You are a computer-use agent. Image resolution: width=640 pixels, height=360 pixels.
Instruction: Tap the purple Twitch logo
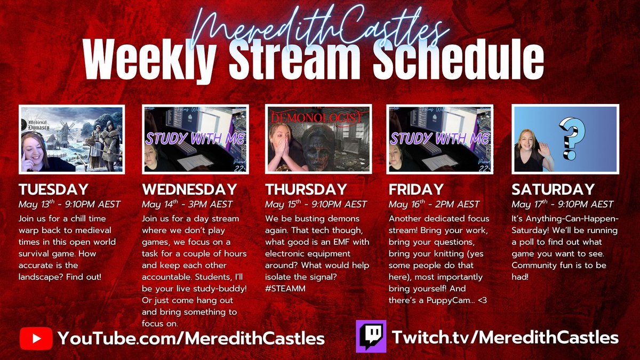371,337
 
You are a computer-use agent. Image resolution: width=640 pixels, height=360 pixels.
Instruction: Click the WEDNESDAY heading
189,190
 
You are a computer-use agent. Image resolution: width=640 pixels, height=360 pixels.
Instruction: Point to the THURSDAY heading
306,190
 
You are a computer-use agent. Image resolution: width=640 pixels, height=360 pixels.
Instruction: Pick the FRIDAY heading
416,190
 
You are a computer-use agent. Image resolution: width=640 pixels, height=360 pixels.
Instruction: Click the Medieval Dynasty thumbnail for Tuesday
71,139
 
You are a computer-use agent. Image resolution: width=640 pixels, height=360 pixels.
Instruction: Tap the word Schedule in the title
458,60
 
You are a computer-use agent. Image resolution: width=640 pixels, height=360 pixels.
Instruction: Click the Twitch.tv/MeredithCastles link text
505,338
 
